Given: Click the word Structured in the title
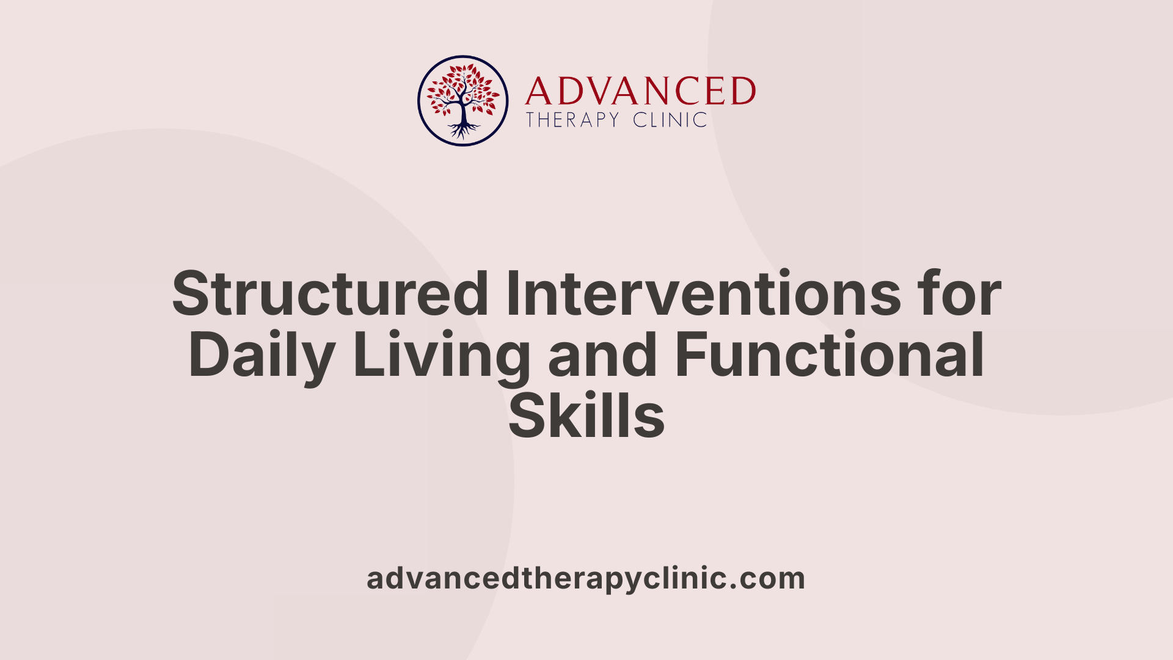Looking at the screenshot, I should (330, 295).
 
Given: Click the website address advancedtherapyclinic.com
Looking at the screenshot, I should (586, 579).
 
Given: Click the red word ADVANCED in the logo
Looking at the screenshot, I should (640, 92).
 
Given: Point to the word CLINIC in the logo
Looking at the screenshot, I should (670, 120).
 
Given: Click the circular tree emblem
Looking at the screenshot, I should (462, 101).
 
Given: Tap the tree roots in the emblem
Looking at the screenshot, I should (463, 130).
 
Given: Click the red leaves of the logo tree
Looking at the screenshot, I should (462, 86).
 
